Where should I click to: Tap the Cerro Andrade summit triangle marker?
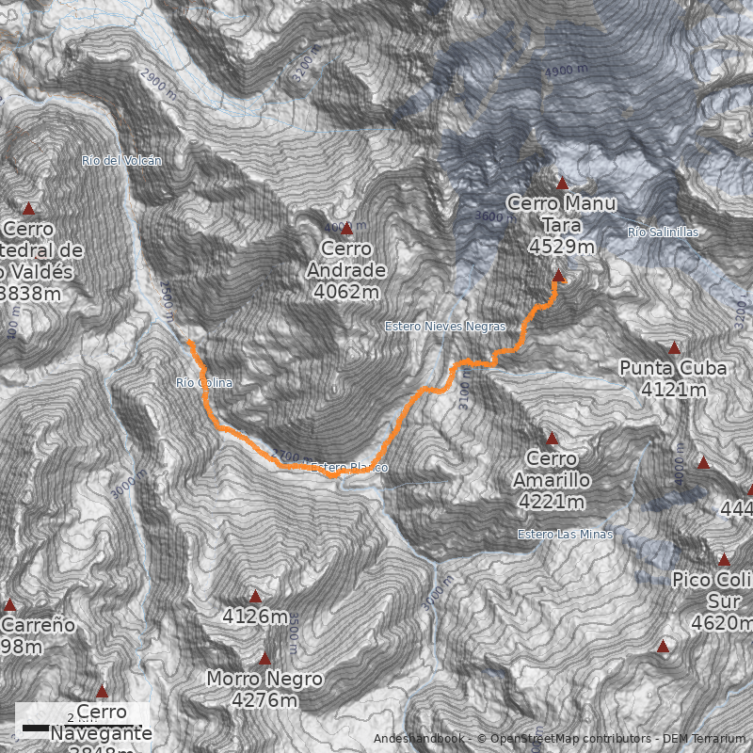346,229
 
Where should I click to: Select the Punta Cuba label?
673,377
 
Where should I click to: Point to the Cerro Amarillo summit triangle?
553,439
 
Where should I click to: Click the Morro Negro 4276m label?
264,689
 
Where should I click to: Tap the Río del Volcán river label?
121,161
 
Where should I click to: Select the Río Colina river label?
203,383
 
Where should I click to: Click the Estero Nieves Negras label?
445,327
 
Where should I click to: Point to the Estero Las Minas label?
565,535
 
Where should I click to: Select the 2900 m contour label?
157,85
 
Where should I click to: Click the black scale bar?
36,729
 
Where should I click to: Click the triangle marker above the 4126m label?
255,596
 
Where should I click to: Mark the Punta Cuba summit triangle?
674,348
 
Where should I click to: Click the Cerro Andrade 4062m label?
346,270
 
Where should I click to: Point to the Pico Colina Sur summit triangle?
724,560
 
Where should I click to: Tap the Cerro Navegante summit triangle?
102,692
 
